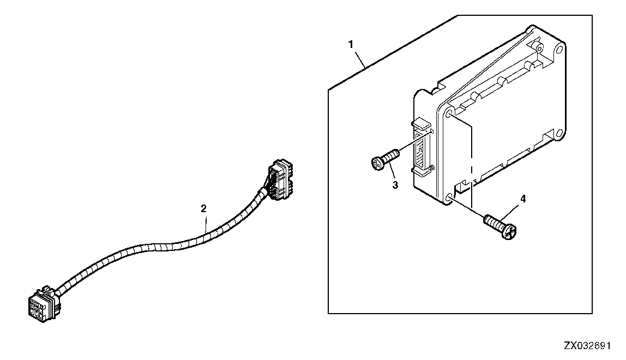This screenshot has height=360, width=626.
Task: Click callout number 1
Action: point(351,44)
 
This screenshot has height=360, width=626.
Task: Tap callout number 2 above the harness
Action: point(203,208)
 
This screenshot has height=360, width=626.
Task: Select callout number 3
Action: point(395,185)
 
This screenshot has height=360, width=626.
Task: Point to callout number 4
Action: point(523,199)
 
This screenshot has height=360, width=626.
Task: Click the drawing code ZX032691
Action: point(587,346)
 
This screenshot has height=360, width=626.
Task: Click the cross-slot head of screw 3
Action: point(377,163)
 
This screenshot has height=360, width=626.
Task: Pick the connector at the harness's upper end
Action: point(280,179)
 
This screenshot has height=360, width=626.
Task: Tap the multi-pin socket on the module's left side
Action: point(421,147)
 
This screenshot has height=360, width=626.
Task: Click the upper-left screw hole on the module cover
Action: point(450,115)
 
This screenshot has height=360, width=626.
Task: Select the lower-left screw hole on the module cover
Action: point(449,196)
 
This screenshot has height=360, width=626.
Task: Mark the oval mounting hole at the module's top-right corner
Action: point(559,50)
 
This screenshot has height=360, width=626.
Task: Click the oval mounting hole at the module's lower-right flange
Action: point(559,135)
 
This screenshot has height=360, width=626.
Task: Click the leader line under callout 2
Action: point(206,223)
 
